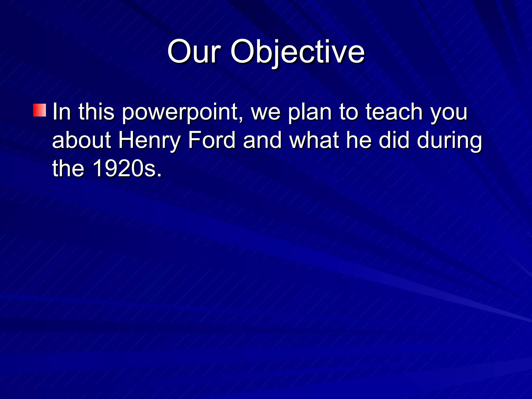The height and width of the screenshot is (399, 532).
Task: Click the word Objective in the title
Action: tap(298, 52)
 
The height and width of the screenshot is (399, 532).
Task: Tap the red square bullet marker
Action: tap(39, 110)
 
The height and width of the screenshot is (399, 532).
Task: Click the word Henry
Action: tap(149, 140)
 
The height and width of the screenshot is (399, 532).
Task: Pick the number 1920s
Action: tap(127, 168)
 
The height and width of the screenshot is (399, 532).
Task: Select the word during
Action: tap(449, 140)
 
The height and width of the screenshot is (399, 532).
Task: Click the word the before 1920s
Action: tap(68, 168)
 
